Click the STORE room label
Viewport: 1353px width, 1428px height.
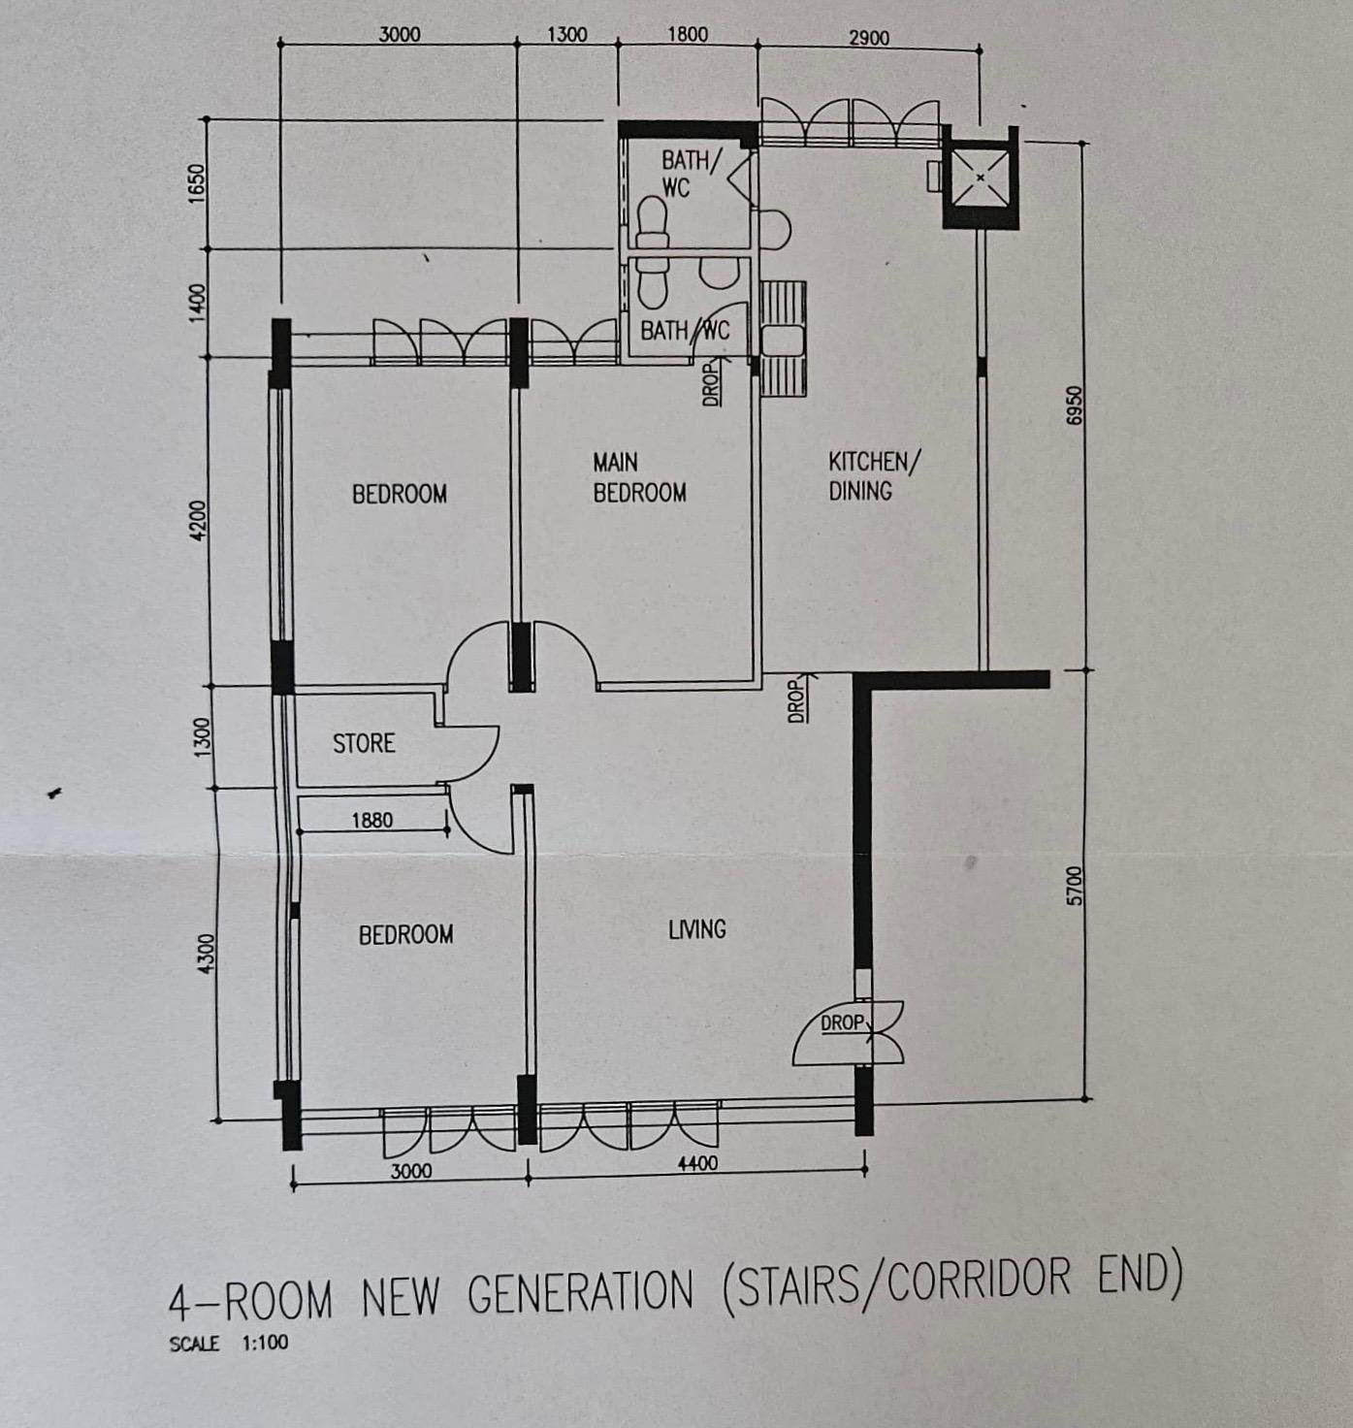(364, 743)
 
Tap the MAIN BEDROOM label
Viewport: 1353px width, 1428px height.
(639, 477)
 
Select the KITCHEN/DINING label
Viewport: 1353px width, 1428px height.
(875, 475)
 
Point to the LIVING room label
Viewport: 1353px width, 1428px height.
(697, 929)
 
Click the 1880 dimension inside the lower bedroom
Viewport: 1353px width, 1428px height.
(371, 820)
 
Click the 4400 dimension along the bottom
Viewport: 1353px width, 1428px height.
(697, 1163)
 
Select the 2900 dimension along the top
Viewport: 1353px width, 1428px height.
(869, 38)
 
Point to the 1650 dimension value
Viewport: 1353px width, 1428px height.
(197, 183)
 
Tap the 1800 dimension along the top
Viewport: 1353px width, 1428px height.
(687, 34)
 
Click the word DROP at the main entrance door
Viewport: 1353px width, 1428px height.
(843, 1022)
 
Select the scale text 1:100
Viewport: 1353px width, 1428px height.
(265, 1343)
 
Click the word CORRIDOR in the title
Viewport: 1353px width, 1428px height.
(979, 1281)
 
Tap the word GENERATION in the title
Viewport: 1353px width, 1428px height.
(580, 1291)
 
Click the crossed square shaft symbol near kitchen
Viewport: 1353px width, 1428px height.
(981, 178)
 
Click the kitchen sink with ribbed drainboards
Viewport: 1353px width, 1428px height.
(782, 340)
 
